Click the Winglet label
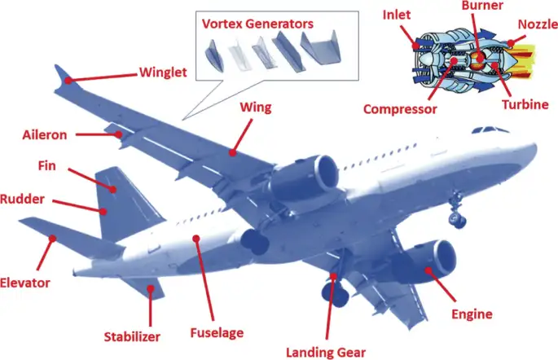click(x=163, y=72)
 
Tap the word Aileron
click(x=45, y=135)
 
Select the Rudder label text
click(x=22, y=199)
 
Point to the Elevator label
click(x=24, y=283)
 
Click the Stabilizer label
click(x=132, y=336)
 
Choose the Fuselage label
click(x=217, y=332)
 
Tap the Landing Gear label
click(x=326, y=353)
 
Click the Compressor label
click(x=400, y=109)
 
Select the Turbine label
click(x=525, y=104)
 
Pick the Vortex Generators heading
click(x=257, y=24)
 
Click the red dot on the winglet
click(x=68, y=81)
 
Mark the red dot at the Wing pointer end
click(x=232, y=153)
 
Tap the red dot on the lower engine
click(x=428, y=270)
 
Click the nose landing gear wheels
click(x=457, y=219)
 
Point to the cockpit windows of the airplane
click(x=490, y=130)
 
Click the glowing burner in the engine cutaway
click(x=479, y=59)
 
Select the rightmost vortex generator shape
click(x=321, y=48)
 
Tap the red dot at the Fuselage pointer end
click(x=196, y=238)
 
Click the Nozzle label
click(x=538, y=24)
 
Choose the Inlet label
click(x=397, y=15)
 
